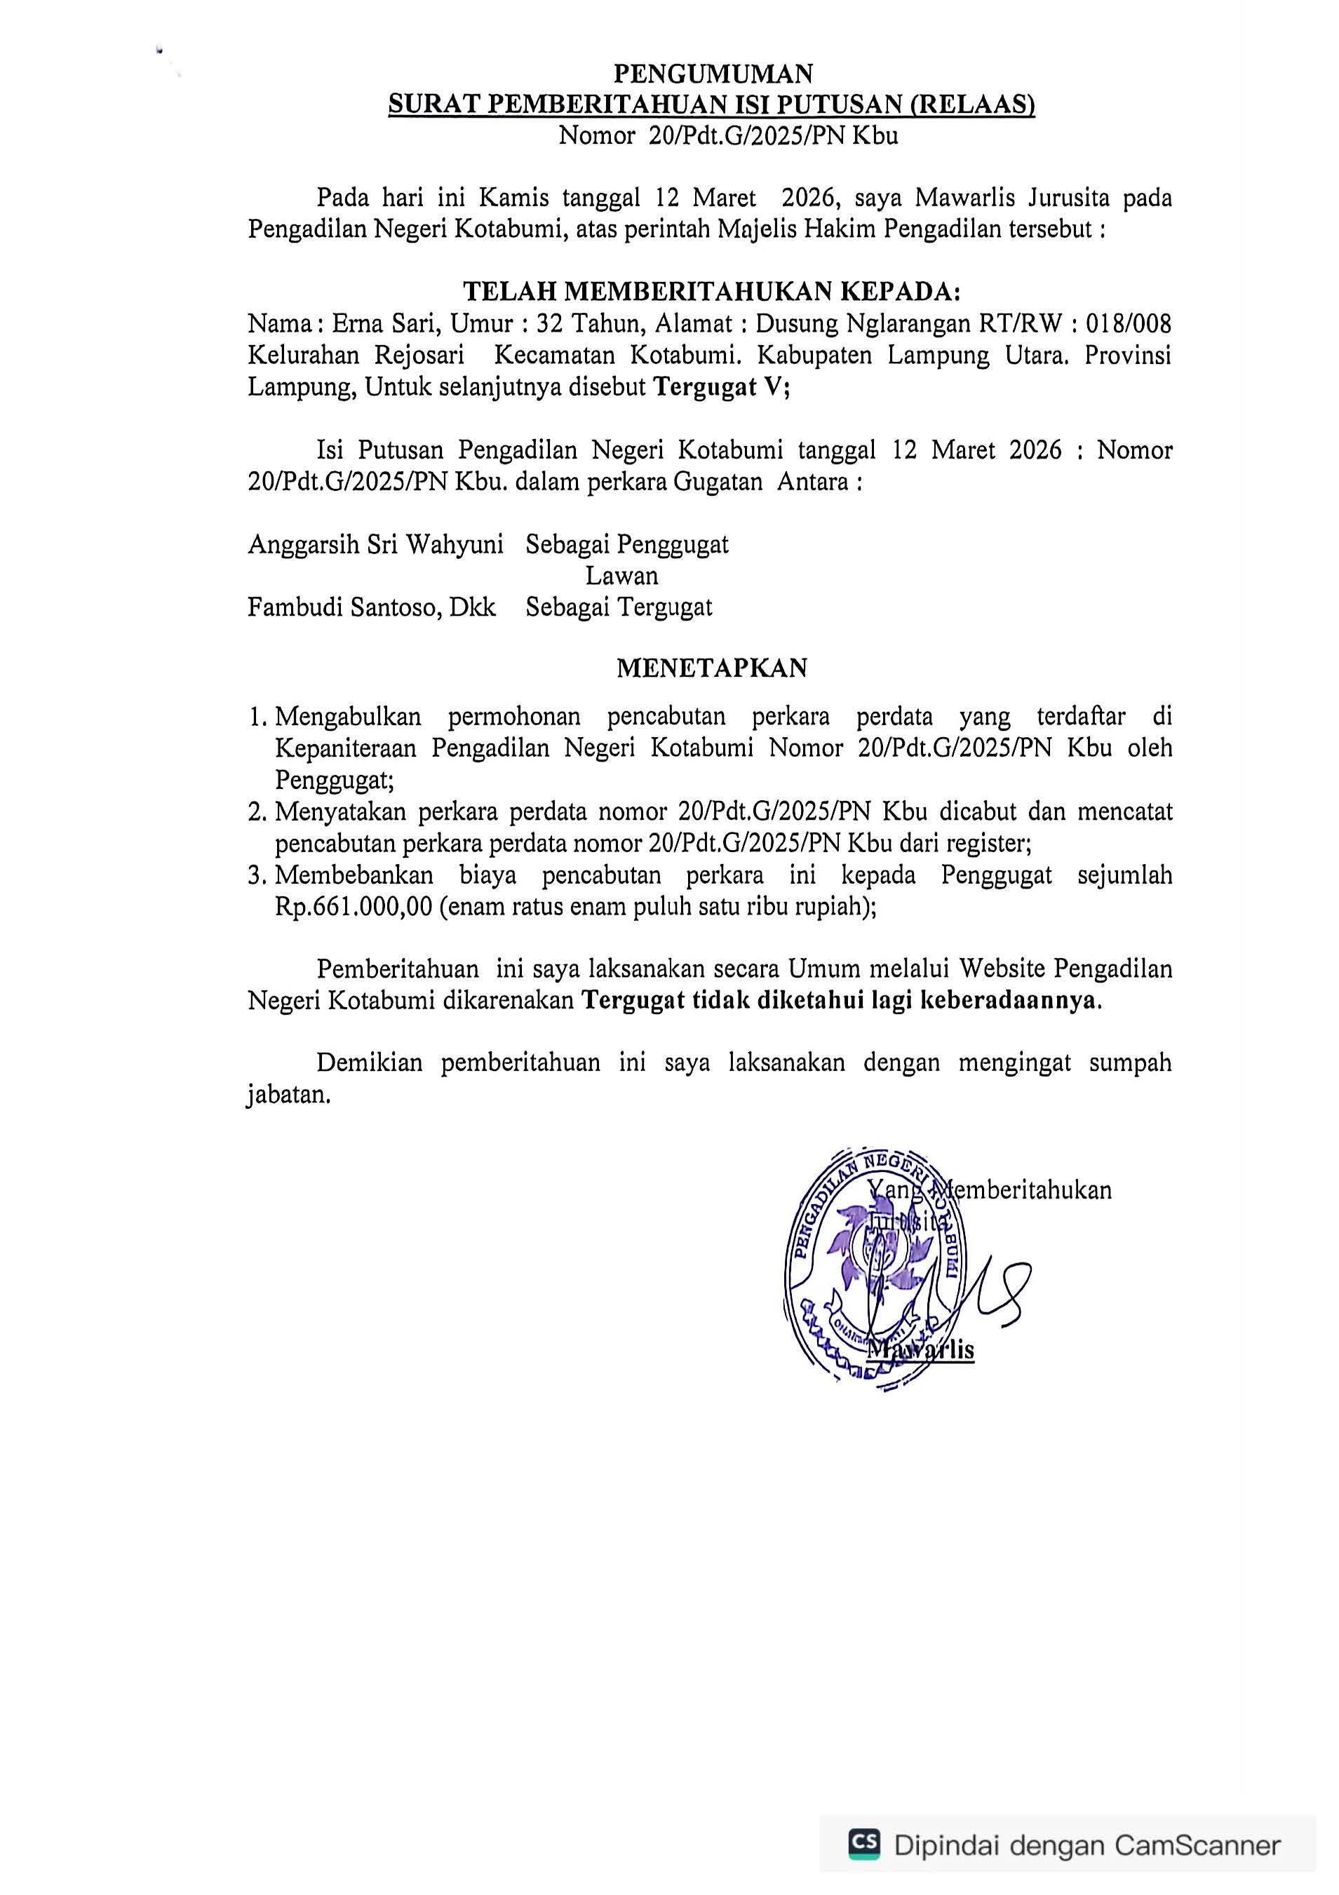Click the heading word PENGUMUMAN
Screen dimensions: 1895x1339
coord(713,74)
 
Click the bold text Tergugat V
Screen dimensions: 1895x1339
coord(719,387)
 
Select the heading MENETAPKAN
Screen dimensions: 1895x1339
coord(712,668)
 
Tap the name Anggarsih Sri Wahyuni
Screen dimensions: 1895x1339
coord(376,545)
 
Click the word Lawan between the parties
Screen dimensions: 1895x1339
coord(621,575)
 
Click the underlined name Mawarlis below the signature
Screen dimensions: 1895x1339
coord(922,1350)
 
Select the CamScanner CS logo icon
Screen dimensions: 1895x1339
coord(863,1843)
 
